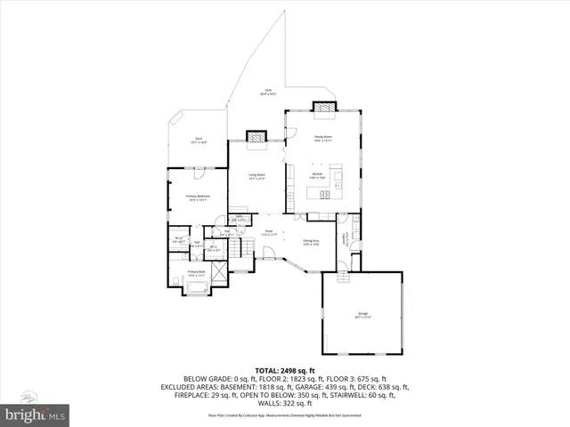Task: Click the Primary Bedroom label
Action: point(197,197)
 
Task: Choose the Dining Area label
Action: point(311,242)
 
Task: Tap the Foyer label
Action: point(267,233)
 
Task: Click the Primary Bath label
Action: point(197,274)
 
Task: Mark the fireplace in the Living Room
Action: point(256,138)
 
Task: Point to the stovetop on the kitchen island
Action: point(326,193)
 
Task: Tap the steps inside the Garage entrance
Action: point(345,276)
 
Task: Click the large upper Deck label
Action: point(267,92)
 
